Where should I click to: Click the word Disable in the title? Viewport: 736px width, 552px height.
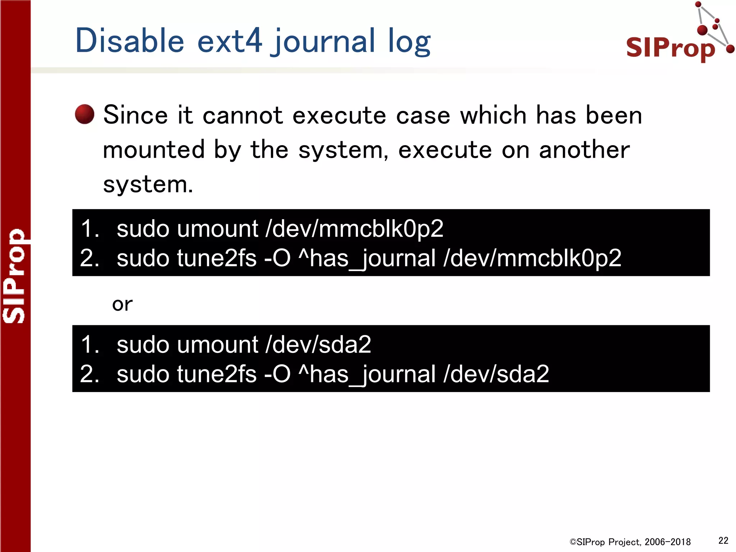(130, 40)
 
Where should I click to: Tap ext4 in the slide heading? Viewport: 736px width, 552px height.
(230, 40)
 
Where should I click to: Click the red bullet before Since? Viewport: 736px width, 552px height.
(84, 114)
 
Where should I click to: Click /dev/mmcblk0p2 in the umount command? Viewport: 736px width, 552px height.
(354, 229)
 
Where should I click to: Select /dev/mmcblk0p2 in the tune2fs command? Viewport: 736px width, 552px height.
(532, 258)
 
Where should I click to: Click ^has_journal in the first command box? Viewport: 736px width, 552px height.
(367, 258)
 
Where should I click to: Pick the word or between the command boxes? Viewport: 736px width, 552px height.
(122, 304)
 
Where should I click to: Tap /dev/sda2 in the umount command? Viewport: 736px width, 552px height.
(318, 344)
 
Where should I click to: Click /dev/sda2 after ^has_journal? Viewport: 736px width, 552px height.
(496, 374)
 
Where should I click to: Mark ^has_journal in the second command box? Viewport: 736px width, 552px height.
(367, 374)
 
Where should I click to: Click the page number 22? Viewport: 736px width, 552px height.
(723, 540)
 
